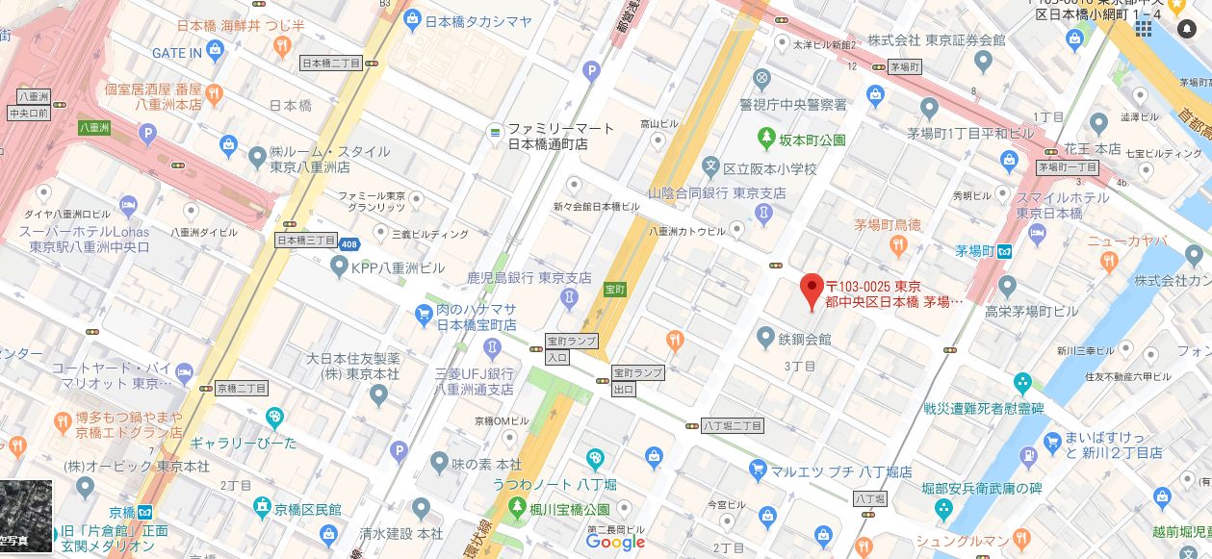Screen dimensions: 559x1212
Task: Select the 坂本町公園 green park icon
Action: pos(767,139)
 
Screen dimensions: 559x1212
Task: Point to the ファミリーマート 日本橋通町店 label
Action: pos(547,137)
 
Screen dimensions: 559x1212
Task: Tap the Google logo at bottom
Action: pos(615,543)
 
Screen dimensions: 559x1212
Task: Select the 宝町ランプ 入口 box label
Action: pos(572,348)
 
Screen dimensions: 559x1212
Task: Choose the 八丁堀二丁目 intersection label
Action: pos(733,424)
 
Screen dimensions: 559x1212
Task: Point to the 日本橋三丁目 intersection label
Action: pos(306,240)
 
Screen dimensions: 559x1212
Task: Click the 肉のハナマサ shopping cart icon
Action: pos(424,313)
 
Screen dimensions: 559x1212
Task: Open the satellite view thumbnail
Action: pos(26,517)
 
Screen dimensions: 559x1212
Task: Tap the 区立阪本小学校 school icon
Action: pos(711,167)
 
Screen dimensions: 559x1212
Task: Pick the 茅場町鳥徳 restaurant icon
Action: pos(897,245)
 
